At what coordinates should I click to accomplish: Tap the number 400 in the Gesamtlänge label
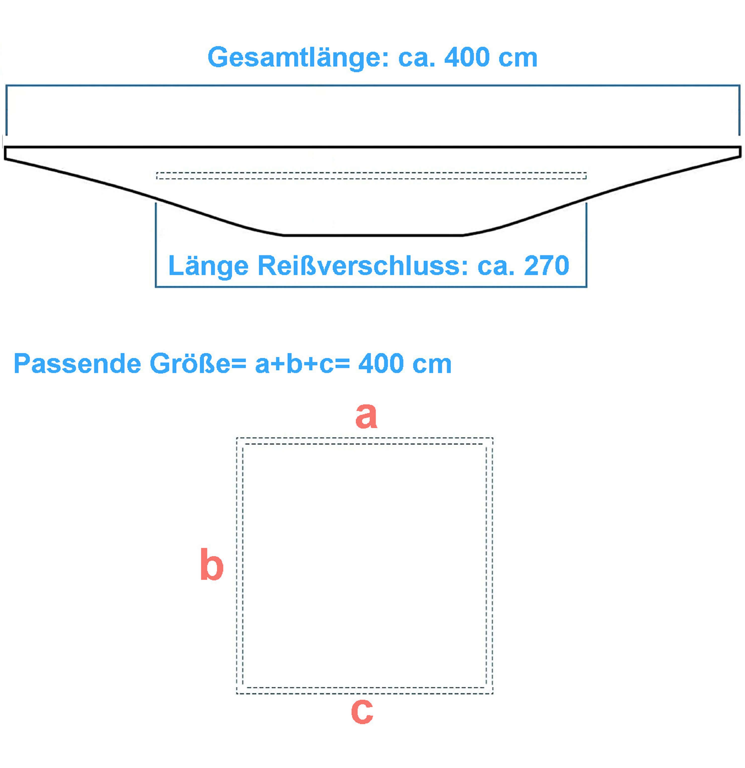tap(467, 57)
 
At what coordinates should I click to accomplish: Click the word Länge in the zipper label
tap(208, 266)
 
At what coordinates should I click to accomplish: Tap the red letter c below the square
tap(362, 711)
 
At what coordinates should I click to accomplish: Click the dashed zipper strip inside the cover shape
tap(371, 176)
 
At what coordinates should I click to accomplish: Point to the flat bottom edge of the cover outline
tap(373, 236)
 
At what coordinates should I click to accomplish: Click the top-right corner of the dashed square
tap(492, 438)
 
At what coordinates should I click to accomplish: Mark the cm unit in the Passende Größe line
tap(432, 364)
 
